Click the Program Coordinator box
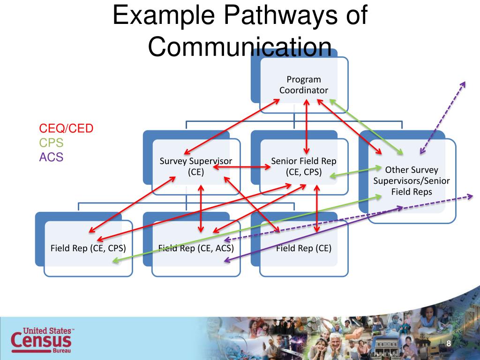coord(304,85)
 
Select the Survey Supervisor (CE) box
coord(196,166)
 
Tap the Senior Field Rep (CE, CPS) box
coord(304,166)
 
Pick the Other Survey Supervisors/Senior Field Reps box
coord(411,180)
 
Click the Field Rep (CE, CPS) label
coord(88,248)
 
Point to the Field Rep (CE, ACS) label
coord(196,248)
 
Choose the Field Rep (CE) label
coord(304,248)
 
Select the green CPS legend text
coord(51,143)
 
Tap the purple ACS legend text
coord(51,157)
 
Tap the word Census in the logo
coord(41,341)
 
